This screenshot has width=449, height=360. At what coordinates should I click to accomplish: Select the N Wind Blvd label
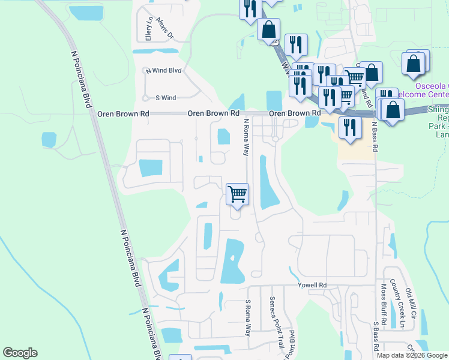163,71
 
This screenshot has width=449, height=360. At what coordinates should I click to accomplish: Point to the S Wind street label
166,98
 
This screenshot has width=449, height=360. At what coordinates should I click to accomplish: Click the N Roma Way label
246,137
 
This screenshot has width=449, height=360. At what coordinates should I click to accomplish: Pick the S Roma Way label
248,318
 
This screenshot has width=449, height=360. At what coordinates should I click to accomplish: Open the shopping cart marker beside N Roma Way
238,194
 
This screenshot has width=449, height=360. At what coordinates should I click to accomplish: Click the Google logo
20,353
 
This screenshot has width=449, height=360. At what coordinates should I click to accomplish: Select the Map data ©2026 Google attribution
412,355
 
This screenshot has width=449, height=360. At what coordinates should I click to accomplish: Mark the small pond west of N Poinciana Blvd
49,140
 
